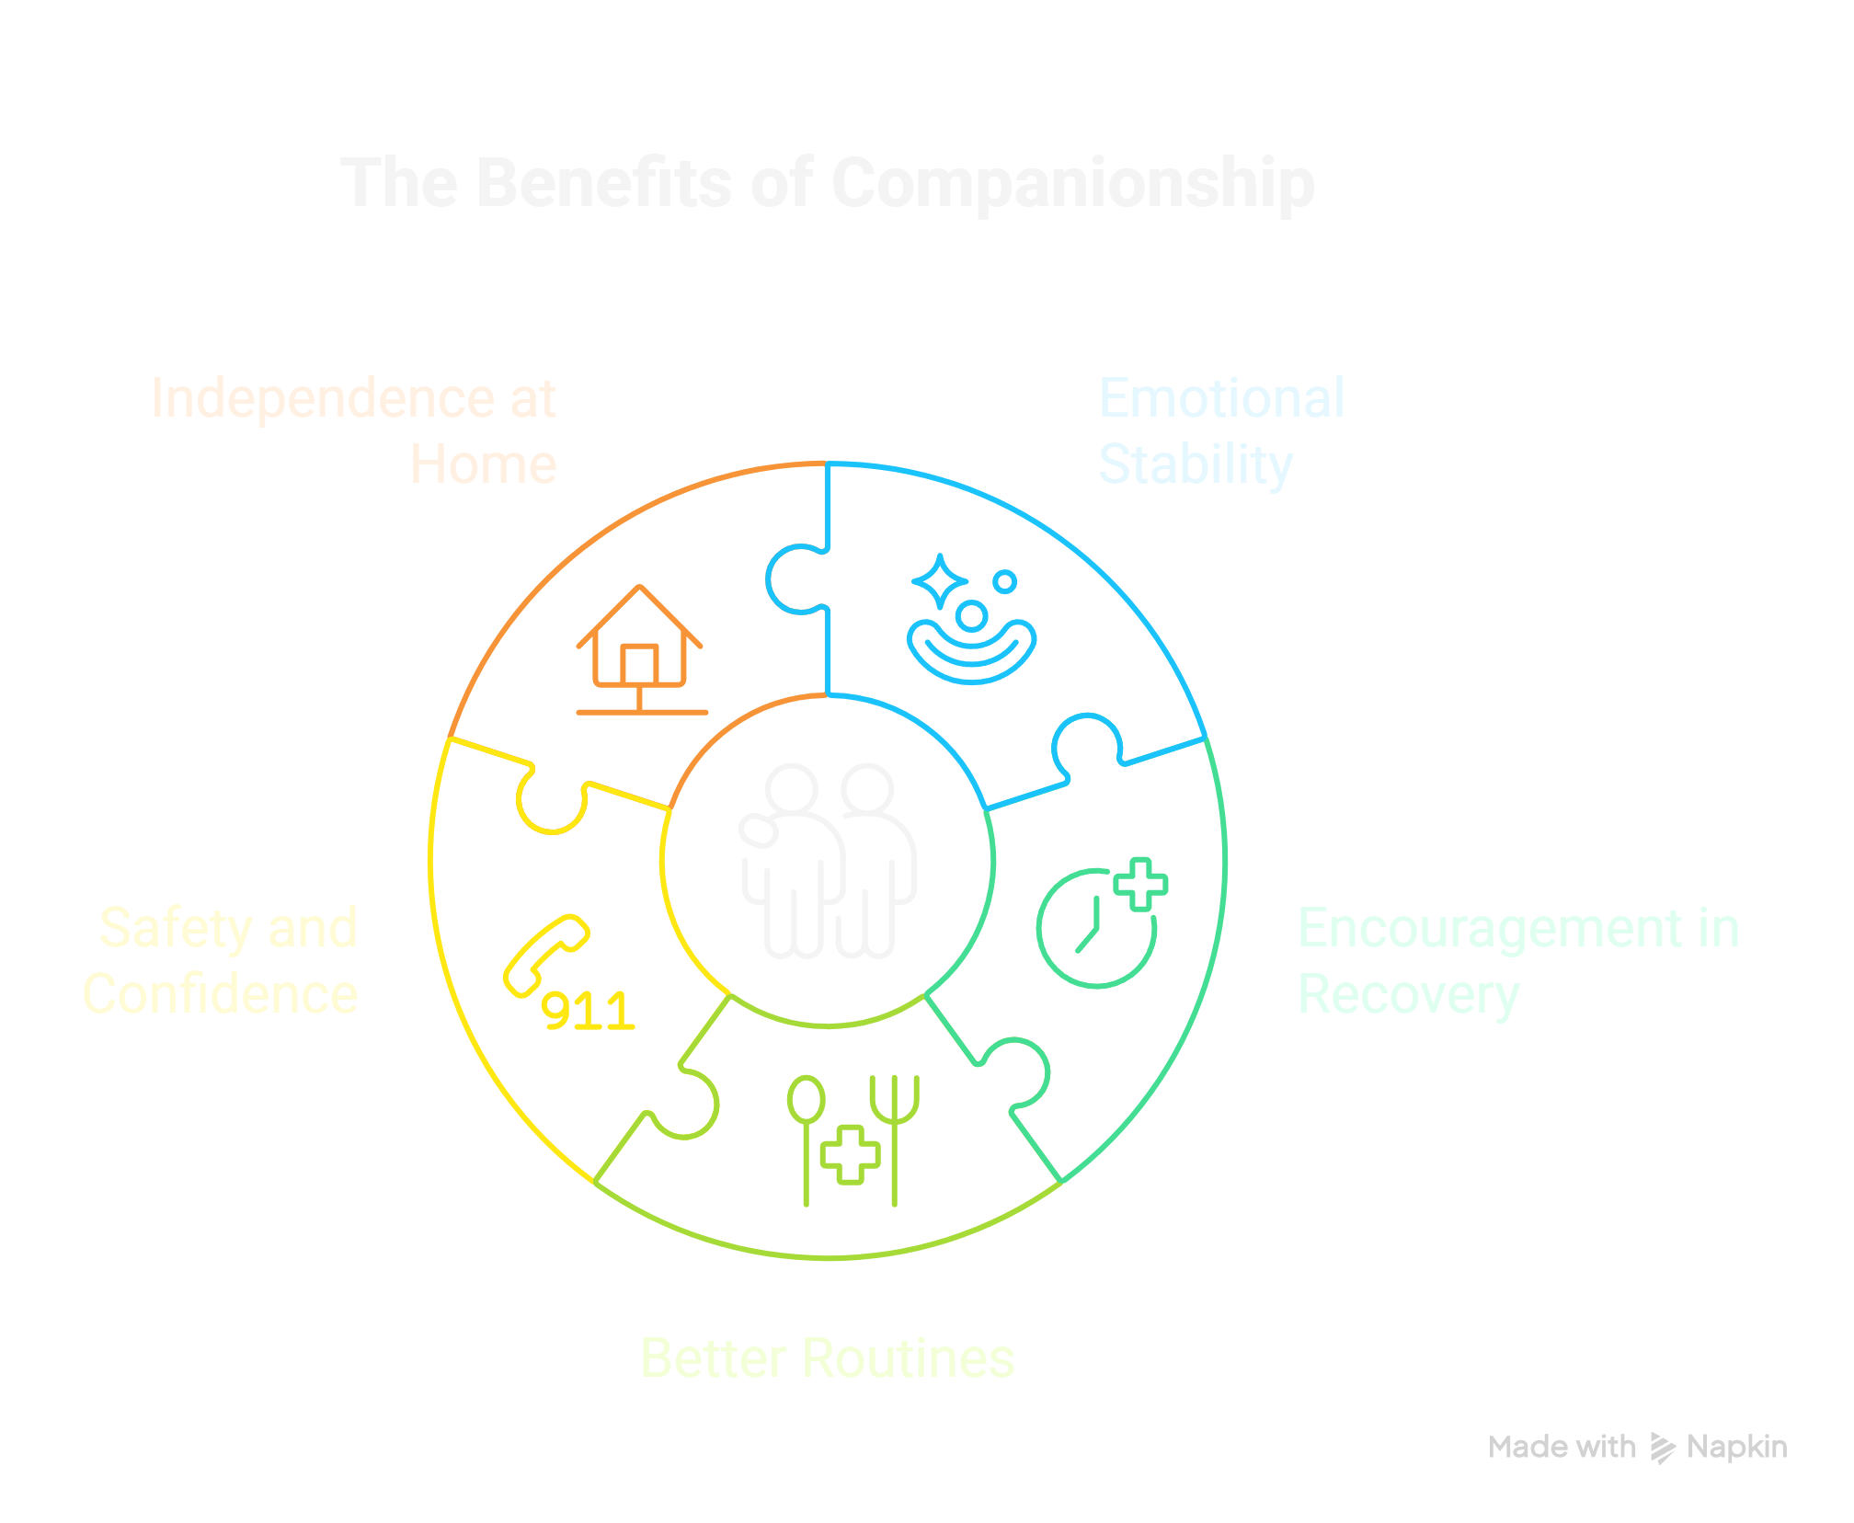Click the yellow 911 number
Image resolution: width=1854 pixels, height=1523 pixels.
pos(587,1012)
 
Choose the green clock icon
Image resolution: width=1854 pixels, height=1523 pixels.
pos(1094,929)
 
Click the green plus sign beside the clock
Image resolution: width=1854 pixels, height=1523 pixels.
pos(1140,885)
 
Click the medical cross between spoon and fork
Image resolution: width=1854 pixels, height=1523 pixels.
pos(850,1154)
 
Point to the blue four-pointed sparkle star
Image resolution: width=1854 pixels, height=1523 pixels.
pos(939,582)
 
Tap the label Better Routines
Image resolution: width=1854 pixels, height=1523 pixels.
pos(827,1358)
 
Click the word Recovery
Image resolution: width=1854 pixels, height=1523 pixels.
pos(1408,995)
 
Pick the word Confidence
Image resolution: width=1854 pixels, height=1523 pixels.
pos(221,994)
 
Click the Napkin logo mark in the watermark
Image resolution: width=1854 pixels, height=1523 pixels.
pos(1663,1448)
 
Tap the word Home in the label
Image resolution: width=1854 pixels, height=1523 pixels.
pos(483,464)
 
